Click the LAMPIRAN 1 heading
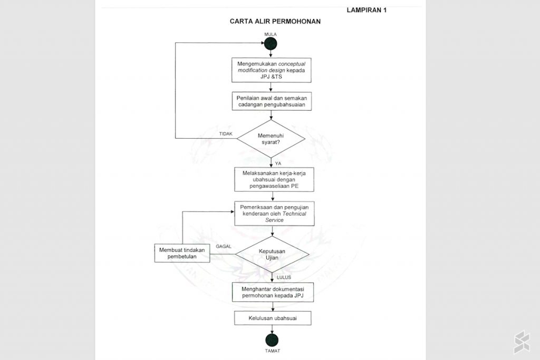367,10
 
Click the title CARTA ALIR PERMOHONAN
275,22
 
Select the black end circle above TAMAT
272,340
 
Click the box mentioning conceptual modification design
271,70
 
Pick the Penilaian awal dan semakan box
271,101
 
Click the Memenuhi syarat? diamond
271,140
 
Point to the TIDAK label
226,134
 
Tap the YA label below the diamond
278,164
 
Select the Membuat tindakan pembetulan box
182,253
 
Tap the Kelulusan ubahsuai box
272,319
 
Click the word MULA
271,34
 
